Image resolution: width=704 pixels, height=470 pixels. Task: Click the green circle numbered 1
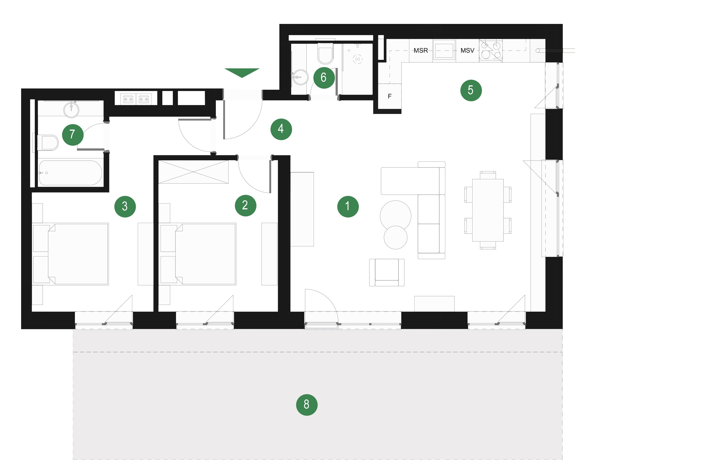pos(348,207)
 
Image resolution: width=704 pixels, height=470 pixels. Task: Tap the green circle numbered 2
pos(246,206)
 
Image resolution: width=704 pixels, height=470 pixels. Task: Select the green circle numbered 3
pos(125,207)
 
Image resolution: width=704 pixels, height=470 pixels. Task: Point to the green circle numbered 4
pos(281,129)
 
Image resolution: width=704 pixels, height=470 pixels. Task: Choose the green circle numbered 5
pos(471,90)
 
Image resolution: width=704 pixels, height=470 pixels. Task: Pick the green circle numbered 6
pos(324,78)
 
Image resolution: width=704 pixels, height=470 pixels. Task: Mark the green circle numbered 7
pos(73,135)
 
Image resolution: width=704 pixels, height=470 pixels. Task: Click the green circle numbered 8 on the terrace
pos(307,405)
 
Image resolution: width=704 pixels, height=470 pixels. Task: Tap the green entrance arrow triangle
pos(242,72)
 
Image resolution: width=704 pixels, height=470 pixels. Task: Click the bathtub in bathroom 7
pos(71,173)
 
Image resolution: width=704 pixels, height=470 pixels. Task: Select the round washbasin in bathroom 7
pos(71,110)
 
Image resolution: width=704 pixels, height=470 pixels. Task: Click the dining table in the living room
pos(488,210)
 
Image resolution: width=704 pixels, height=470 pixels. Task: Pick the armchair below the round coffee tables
pos(387,272)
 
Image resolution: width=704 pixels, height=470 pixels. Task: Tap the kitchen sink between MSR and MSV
pos(444,50)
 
